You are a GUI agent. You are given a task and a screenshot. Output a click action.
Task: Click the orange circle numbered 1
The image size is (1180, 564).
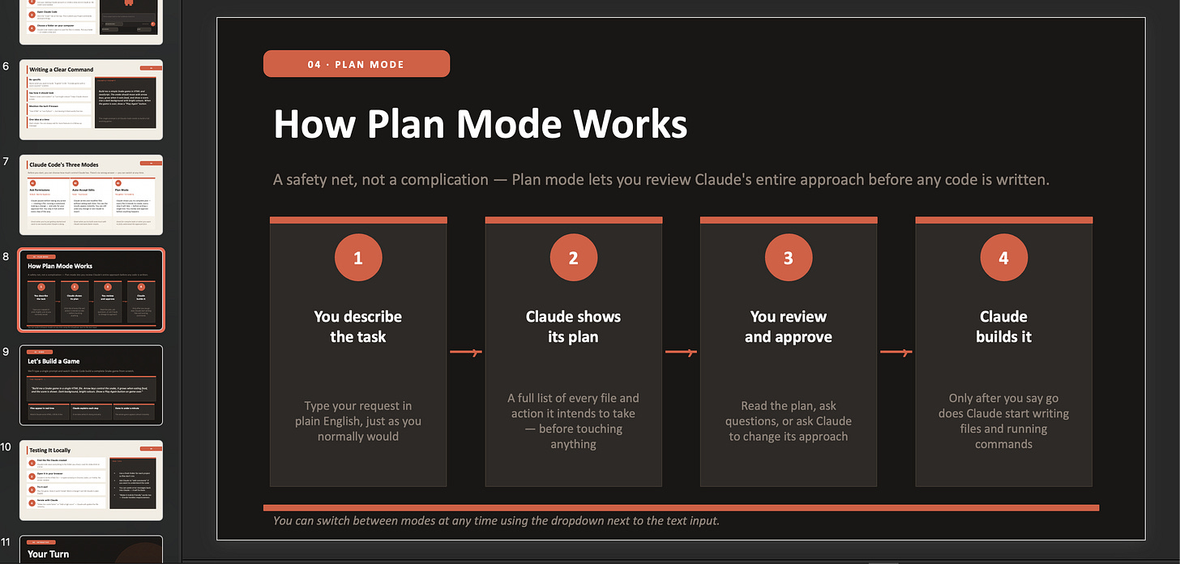(x=358, y=258)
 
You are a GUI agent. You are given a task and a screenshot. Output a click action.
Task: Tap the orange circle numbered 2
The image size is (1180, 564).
(x=573, y=258)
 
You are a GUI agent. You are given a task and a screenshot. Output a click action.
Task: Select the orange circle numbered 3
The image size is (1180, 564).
(x=789, y=258)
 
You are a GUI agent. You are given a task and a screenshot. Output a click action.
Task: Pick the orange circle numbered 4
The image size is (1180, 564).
(x=1003, y=258)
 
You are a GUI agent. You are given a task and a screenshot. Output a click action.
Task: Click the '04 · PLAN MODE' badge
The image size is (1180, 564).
(x=356, y=64)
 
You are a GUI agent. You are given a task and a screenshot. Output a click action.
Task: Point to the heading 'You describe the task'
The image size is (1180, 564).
(x=358, y=327)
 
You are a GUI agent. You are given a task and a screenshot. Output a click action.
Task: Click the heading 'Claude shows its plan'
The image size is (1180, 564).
(x=573, y=327)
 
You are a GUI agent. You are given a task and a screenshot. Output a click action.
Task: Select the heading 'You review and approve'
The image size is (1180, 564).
(x=789, y=327)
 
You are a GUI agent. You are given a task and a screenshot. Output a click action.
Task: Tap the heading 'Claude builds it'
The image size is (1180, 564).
(x=1003, y=327)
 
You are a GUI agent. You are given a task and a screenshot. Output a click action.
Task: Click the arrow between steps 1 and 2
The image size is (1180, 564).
(x=466, y=352)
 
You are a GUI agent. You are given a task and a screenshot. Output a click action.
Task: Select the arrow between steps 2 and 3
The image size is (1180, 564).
(x=681, y=352)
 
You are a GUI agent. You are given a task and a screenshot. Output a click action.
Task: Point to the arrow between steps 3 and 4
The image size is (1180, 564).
(x=896, y=352)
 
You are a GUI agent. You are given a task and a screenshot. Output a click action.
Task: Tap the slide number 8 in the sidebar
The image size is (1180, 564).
(x=6, y=257)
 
